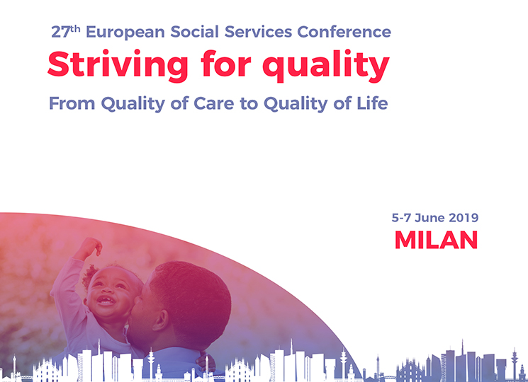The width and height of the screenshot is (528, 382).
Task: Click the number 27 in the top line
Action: (x=61, y=32)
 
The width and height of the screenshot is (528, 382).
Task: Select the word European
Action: (x=125, y=33)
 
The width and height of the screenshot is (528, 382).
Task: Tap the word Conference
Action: (x=344, y=32)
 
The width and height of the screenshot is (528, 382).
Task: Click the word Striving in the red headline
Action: (x=118, y=65)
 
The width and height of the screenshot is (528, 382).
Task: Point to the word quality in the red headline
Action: (x=326, y=65)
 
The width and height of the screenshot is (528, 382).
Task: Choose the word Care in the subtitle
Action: (x=213, y=103)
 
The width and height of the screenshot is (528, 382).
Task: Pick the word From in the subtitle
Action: (x=72, y=103)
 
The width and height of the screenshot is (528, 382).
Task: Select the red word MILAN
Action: (x=436, y=240)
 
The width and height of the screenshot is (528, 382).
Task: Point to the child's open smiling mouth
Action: (x=106, y=300)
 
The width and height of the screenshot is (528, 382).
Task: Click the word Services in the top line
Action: (x=258, y=32)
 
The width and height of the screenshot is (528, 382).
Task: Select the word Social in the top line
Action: (x=195, y=32)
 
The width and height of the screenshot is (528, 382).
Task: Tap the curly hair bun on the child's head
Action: (x=89, y=275)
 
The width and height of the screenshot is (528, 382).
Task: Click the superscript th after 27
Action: (x=76, y=28)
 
